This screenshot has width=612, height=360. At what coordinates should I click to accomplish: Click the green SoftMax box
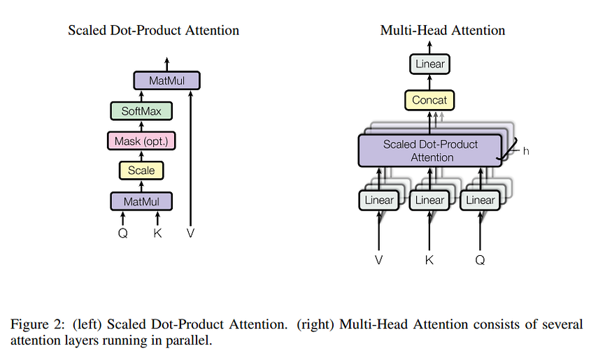pos(141,111)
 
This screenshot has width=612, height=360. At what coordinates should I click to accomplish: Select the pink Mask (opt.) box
pos(141,141)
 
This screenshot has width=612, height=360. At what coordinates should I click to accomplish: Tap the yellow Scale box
pos(141,171)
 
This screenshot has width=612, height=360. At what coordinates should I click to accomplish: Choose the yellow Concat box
pos(429,100)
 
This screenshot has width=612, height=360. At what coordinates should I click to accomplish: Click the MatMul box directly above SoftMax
pos(166,81)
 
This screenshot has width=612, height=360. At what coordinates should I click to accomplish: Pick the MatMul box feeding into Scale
pos(141,201)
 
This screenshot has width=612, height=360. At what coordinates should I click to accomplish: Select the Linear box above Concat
pos(429,64)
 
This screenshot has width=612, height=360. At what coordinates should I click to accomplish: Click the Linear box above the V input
pos(379,200)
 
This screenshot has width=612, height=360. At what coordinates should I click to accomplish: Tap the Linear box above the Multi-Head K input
pos(429,200)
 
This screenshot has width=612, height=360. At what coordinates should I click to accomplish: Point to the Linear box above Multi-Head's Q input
pos(480,200)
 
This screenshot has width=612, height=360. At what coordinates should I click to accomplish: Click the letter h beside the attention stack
pos(526,151)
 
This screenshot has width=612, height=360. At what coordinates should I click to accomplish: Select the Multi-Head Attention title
pos(443,30)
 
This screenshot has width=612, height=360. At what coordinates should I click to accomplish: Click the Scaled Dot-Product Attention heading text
pos(153,30)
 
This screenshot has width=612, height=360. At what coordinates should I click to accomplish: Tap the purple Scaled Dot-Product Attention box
pos(430,150)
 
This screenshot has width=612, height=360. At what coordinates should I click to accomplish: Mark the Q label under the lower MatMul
pos(123,233)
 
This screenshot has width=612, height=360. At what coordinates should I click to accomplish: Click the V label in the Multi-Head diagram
pos(378,260)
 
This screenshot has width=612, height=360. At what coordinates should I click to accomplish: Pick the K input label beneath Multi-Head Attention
pos(429,260)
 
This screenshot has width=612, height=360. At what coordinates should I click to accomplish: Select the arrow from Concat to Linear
pos(429,82)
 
